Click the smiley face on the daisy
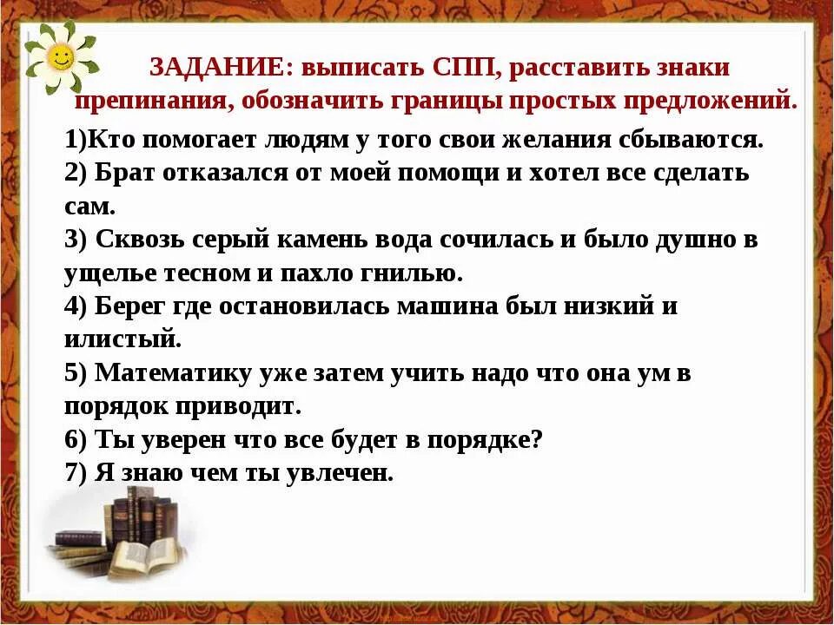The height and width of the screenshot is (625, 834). point(58,58)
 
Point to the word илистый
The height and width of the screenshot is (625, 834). point(121,339)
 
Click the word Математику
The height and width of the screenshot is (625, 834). point(173,373)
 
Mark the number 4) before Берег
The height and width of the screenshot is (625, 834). point(76,306)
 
